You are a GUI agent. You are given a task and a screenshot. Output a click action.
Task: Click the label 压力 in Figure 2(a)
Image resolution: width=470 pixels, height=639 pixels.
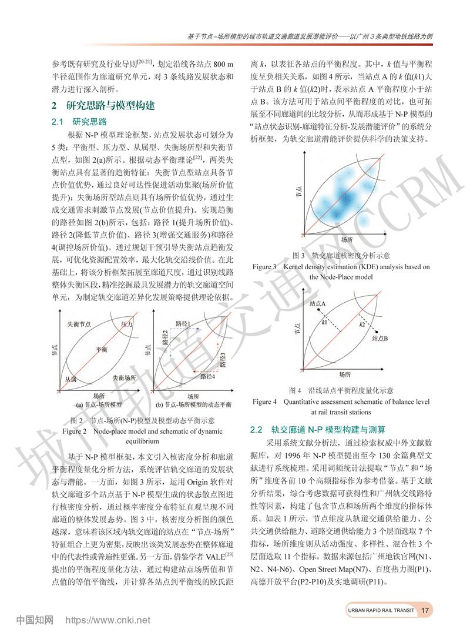tap(127, 325)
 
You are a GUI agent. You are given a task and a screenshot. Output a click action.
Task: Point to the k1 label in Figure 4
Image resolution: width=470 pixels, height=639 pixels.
tap(324, 323)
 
